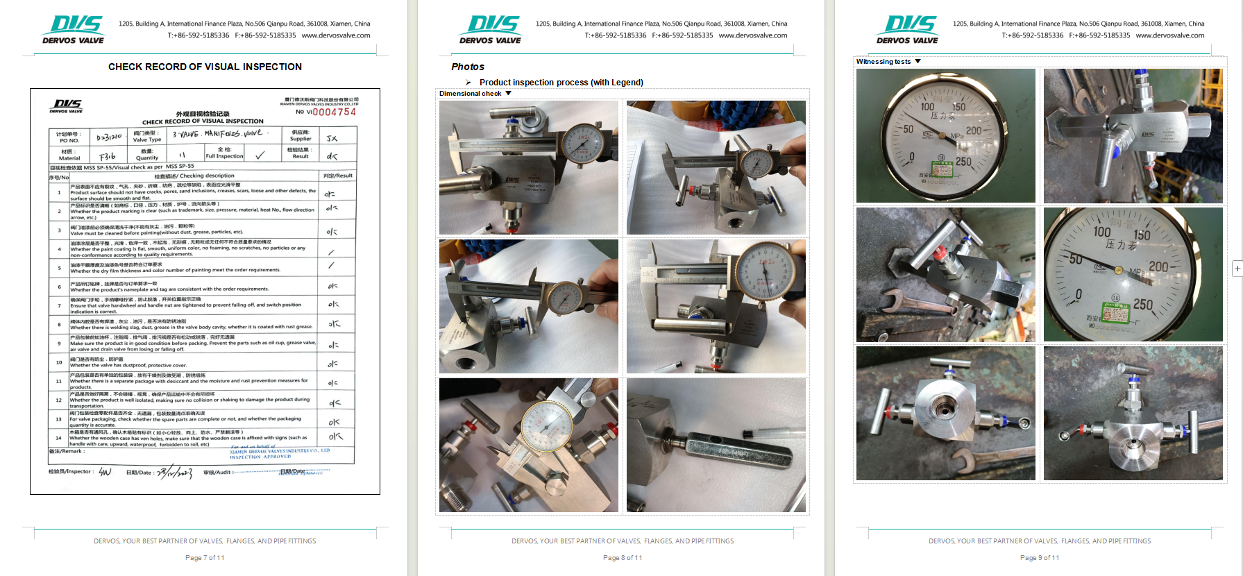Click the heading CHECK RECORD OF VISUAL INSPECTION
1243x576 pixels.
[205, 67]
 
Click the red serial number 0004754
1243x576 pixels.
[334, 112]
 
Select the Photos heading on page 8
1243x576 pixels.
[468, 67]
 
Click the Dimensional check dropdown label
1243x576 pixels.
[471, 93]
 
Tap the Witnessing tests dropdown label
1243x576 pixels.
[883, 62]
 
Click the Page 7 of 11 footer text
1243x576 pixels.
[205, 557]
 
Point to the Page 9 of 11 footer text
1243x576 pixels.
[1040, 557]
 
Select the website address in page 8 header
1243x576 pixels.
[752, 35]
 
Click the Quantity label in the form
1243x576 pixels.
[147, 158]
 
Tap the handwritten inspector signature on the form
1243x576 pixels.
[105, 472]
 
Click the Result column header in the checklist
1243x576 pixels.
[339, 176]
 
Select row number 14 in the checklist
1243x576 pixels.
[58, 437]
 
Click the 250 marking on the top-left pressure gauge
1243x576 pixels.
[963, 161]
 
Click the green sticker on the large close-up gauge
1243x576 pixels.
[1115, 312]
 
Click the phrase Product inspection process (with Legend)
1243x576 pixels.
[561, 82]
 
